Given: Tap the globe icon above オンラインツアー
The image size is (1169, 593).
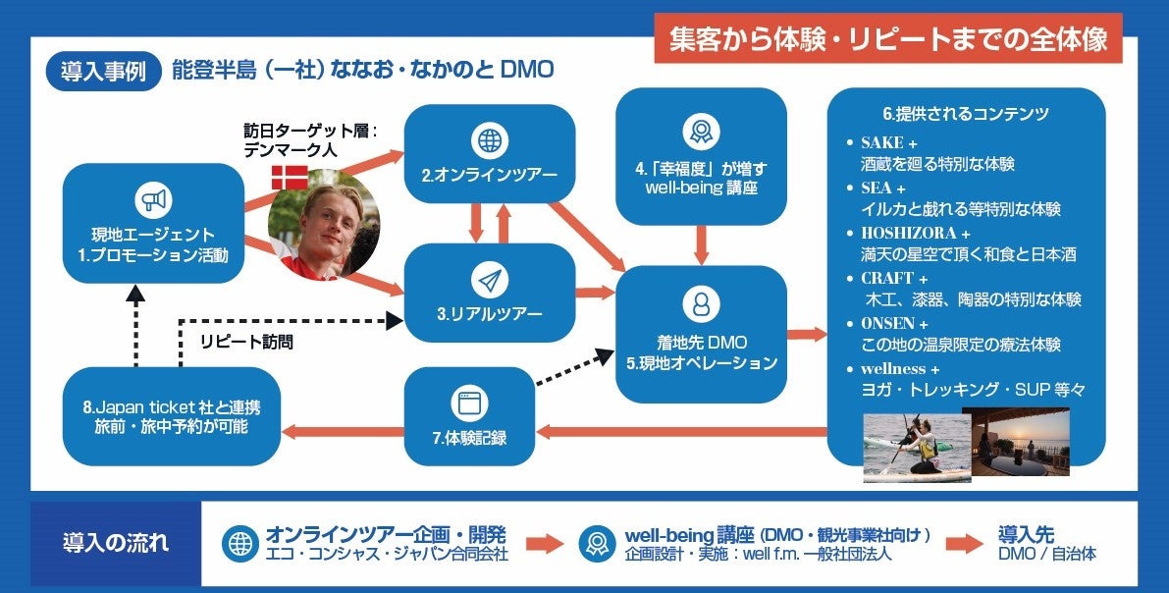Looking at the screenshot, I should coord(489,141).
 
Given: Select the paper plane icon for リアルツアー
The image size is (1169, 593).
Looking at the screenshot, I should coord(489,281).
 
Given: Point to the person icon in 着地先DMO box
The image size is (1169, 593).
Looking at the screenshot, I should coord(701,303).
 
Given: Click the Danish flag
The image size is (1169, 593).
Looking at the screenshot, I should coord(289,178).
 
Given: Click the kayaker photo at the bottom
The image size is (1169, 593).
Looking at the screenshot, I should coord(916,448).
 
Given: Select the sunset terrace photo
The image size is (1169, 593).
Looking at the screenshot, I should coord(1021,442).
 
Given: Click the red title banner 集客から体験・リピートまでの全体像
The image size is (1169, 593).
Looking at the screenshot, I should coord(887,39).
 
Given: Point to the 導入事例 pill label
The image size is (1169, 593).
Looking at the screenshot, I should coord(103,71).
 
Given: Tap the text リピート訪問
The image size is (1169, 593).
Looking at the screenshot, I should coord(245,342).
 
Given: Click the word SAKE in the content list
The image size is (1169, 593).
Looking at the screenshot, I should coord(882,142).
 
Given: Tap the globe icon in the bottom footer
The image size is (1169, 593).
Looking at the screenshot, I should coord(239,544).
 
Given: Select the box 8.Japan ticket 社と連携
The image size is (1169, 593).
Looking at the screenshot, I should coord(172,416).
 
